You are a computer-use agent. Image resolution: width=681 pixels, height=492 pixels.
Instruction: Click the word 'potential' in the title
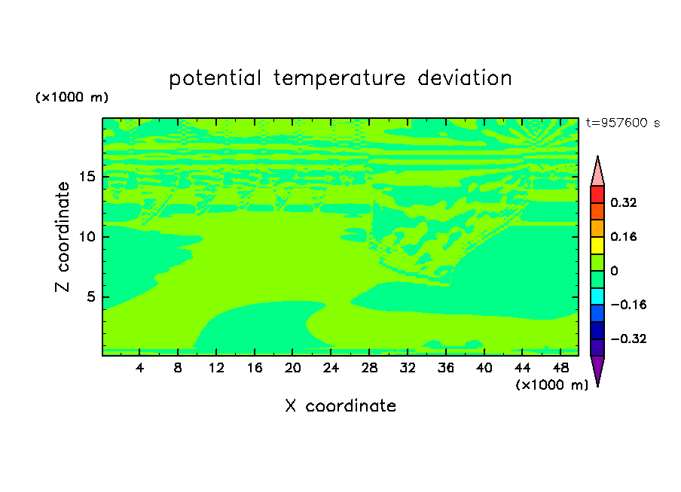coord(215,79)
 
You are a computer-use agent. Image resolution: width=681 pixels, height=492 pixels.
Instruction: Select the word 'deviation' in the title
coord(465,78)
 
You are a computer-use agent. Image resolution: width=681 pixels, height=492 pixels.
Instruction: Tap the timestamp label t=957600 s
coord(623,123)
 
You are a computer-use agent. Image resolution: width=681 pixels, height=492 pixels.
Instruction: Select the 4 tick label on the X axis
coord(139,369)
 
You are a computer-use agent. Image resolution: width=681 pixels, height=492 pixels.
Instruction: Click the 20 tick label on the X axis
coord(292,369)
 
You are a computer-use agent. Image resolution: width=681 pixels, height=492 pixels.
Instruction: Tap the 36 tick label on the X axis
coord(446,369)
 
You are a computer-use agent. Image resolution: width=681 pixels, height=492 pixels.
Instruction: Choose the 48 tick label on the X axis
coord(560,369)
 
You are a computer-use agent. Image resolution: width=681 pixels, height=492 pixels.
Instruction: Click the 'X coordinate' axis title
coord(340,406)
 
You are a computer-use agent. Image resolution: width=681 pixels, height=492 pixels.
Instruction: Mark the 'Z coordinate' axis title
coord(63,237)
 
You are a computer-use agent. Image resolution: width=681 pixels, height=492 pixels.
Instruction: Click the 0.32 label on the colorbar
coord(624,202)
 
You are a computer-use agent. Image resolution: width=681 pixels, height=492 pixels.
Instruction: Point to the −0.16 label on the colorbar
coord(628,305)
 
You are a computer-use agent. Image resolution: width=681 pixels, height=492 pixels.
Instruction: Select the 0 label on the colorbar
coord(614,271)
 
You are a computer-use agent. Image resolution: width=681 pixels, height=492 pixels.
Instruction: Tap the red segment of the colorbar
coord(597,194)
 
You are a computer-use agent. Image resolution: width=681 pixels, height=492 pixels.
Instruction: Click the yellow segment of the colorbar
coord(597,245)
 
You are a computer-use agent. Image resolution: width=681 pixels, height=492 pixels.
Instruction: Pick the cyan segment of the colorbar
coord(597,296)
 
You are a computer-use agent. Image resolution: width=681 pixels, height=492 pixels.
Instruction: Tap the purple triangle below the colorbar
coord(597,369)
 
